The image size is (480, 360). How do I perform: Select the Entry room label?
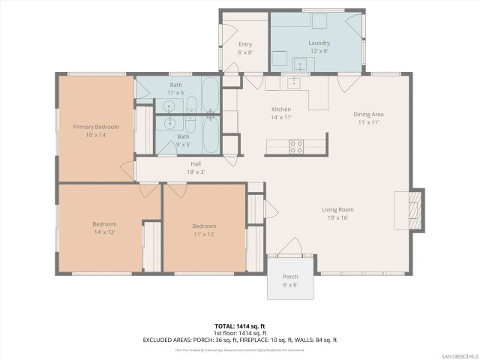[x=244, y=44]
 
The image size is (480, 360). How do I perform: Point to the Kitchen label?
[x=280, y=109]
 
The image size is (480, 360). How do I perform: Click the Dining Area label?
[x=369, y=114]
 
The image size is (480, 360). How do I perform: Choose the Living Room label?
[x=337, y=210]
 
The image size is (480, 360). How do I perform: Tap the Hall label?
[x=196, y=163]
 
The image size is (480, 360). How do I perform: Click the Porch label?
[x=289, y=277]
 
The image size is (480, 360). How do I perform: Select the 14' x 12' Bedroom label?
[x=104, y=223]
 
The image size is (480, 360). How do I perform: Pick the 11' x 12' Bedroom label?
[x=204, y=226]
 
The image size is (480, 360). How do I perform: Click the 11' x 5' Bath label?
[x=175, y=85]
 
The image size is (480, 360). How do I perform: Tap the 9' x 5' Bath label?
[x=183, y=136]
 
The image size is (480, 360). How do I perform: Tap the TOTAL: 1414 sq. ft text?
[x=240, y=326]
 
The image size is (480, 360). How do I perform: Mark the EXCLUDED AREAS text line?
[x=240, y=340]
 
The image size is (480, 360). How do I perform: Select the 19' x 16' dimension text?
[x=337, y=218]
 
